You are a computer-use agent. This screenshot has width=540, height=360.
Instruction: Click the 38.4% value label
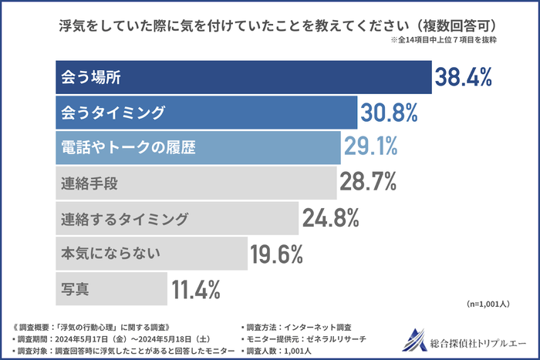pos(463,77)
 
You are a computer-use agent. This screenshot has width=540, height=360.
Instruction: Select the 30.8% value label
pos(389,113)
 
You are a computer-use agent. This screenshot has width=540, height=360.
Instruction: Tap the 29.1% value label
pos(371,146)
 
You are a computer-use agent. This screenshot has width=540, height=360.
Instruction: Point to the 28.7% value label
pos(368,183)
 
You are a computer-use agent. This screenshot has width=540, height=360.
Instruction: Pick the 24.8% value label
pos(331,218)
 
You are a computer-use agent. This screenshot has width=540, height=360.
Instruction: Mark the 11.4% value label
pos(196,289)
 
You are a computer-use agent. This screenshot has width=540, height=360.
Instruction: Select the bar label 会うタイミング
pos(113,113)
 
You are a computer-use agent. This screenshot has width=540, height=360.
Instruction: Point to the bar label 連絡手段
pos(89,183)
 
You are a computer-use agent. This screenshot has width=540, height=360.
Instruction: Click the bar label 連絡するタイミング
pos(124,219)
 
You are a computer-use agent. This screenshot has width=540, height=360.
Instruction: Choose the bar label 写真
pos(75,290)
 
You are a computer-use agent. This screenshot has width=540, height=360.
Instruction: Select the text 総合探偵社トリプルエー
pos(476,340)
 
